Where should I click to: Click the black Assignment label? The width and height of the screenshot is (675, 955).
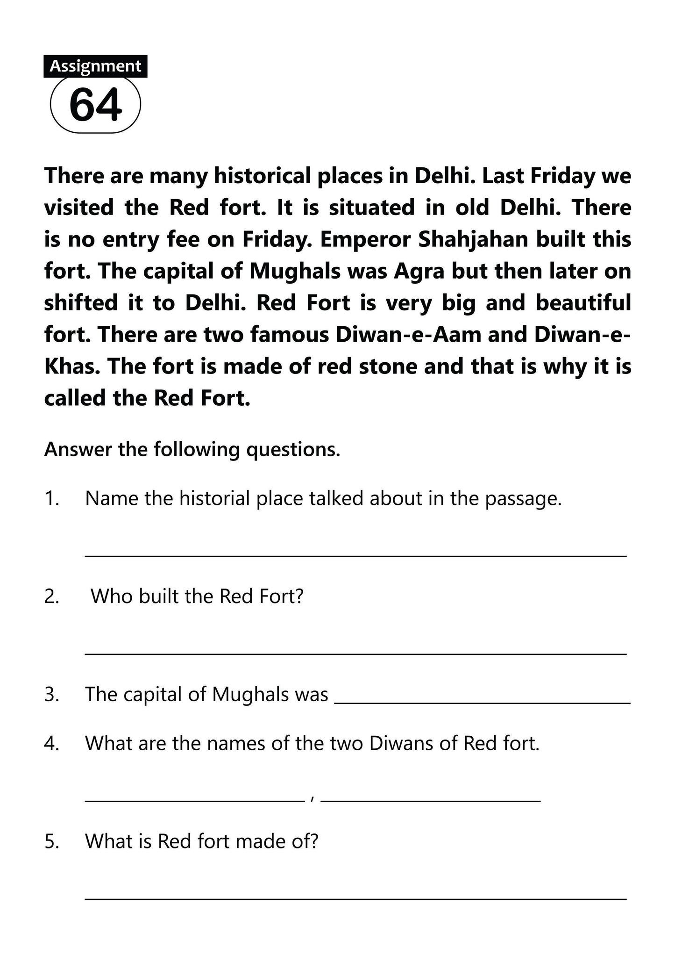tap(95, 66)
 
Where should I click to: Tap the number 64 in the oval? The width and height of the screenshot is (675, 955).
tap(95, 105)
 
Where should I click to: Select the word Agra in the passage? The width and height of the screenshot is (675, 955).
tap(419, 271)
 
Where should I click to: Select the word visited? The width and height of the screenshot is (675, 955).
tap(79, 208)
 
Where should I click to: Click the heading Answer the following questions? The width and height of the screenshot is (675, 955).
tap(192, 450)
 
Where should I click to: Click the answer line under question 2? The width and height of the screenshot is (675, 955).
tap(355, 654)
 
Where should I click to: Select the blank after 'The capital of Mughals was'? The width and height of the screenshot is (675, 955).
tap(483, 703)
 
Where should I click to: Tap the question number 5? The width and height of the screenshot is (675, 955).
tap(52, 841)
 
